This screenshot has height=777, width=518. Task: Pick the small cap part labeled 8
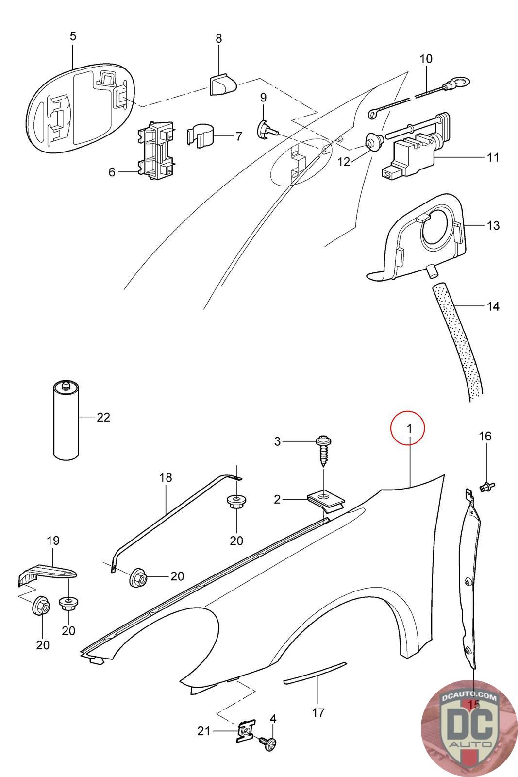(x=221, y=84)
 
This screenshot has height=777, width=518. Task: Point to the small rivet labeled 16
(x=486, y=485)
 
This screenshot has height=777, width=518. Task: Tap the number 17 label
(x=318, y=713)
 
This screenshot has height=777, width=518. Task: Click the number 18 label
(x=166, y=477)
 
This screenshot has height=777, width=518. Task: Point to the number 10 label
(x=425, y=59)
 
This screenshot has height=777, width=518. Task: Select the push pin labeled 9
(x=265, y=128)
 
